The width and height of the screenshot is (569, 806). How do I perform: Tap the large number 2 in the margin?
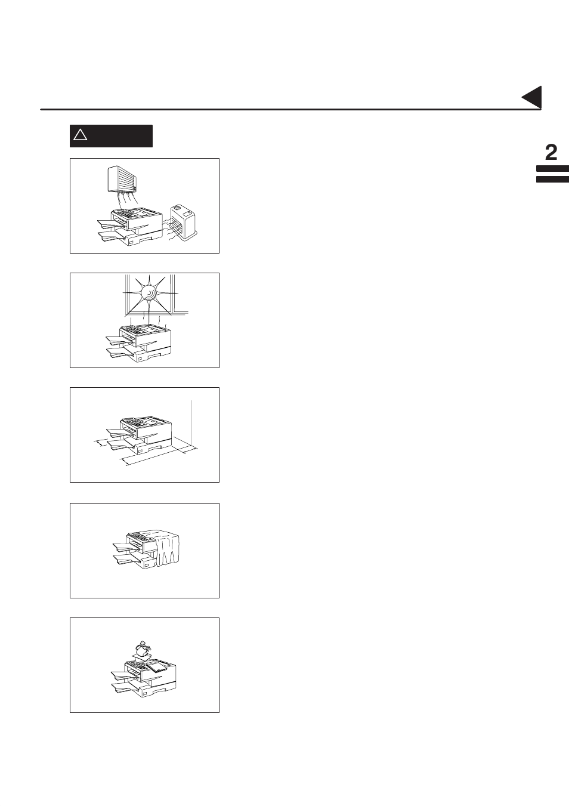coord(551,153)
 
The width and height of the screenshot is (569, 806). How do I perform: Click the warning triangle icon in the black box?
coord(80,135)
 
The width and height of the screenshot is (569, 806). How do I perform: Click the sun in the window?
coord(149,293)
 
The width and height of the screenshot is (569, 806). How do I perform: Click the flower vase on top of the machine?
coord(141,650)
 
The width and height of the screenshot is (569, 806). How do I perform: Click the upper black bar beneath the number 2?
coord(552,169)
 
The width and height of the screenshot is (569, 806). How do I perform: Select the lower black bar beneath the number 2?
coord(552,178)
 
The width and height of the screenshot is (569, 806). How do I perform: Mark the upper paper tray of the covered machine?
coord(125,546)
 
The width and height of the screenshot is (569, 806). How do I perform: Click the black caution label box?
coord(111,135)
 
